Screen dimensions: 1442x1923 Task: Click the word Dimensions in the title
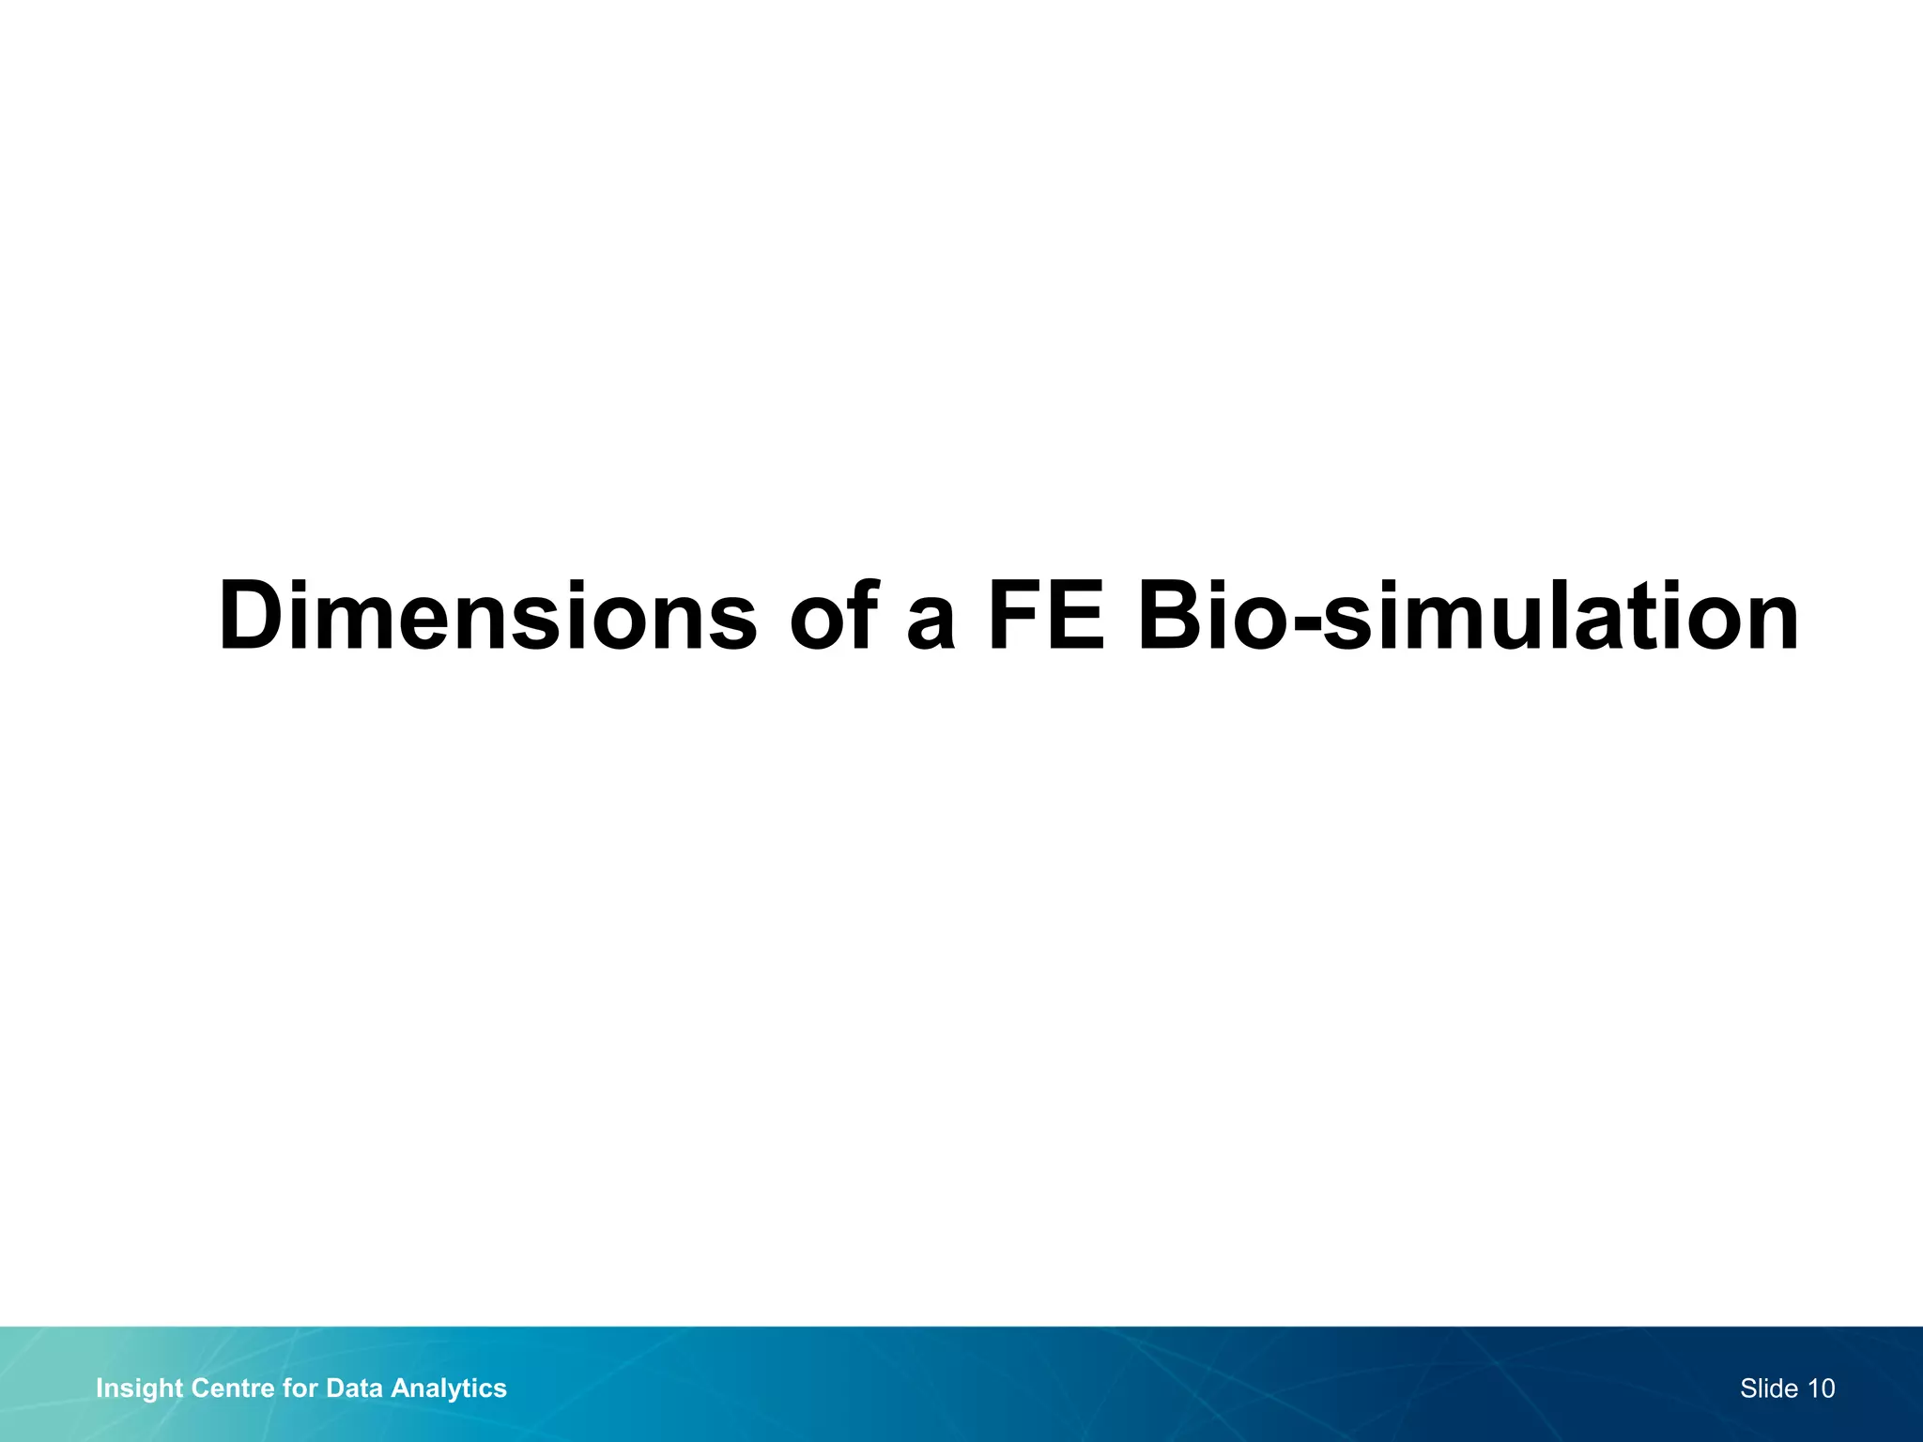[486, 617]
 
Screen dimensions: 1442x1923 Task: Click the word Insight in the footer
[139, 1388]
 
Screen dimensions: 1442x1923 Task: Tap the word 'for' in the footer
[300, 1388]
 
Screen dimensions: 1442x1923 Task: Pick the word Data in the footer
[354, 1388]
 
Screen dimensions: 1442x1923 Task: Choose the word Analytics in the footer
[449, 1388]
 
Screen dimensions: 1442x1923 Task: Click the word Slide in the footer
[1769, 1388]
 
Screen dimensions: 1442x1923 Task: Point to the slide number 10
[1821, 1388]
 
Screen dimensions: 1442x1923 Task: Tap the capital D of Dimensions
[252, 617]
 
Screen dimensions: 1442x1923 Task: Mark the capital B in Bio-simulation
[1170, 617]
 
